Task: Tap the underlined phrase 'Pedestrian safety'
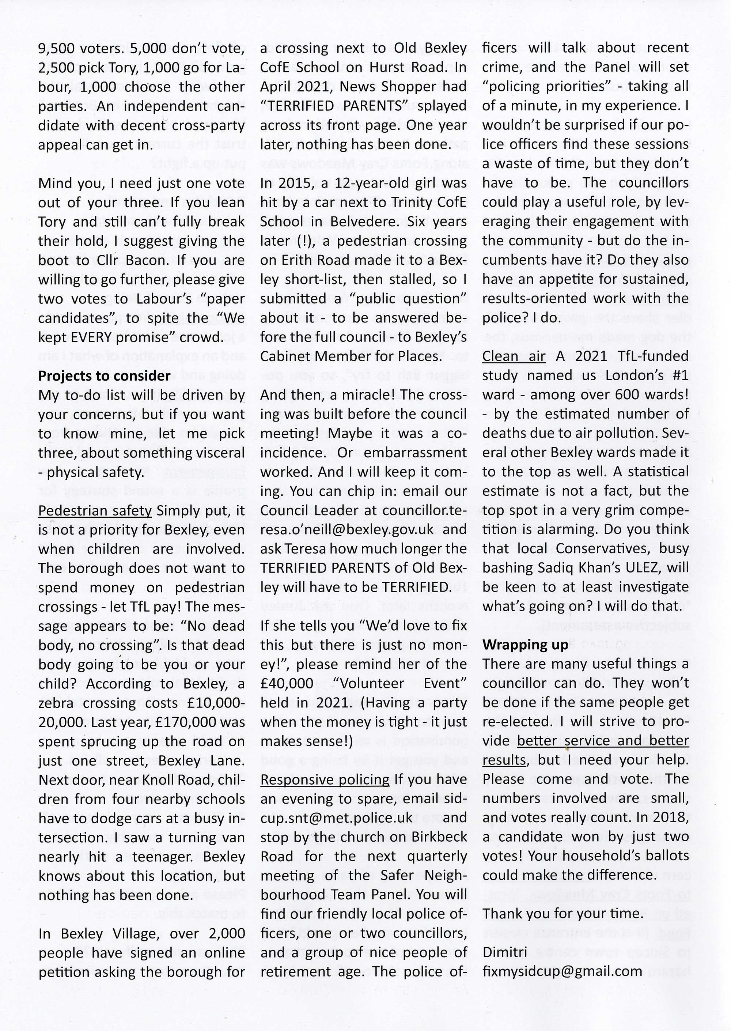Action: pos(95,510)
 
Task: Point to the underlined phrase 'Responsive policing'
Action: pos(325,779)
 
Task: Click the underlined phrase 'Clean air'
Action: pos(514,356)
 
